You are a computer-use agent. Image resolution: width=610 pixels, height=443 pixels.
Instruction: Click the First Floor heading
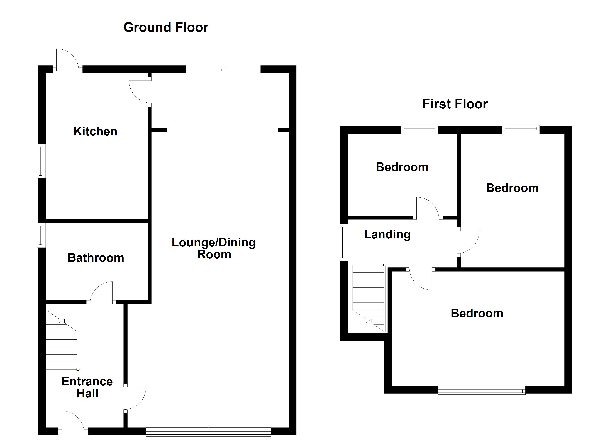(x=455, y=104)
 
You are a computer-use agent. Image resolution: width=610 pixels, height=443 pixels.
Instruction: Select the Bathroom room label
(x=96, y=258)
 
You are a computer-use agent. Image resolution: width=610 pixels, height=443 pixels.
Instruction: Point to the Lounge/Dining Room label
(x=214, y=248)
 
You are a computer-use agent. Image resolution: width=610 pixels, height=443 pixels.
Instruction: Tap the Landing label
(x=387, y=235)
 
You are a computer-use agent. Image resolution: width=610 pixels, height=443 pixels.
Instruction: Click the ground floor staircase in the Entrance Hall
(x=62, y=349)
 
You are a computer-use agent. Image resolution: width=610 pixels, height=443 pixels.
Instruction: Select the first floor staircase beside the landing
(x=368, y=296)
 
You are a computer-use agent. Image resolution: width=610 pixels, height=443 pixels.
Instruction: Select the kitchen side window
(x=41, y=161)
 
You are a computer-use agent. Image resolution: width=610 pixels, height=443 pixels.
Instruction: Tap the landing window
(x=343, y=242)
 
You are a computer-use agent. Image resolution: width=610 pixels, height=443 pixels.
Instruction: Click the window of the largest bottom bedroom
(x=481, y=390)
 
